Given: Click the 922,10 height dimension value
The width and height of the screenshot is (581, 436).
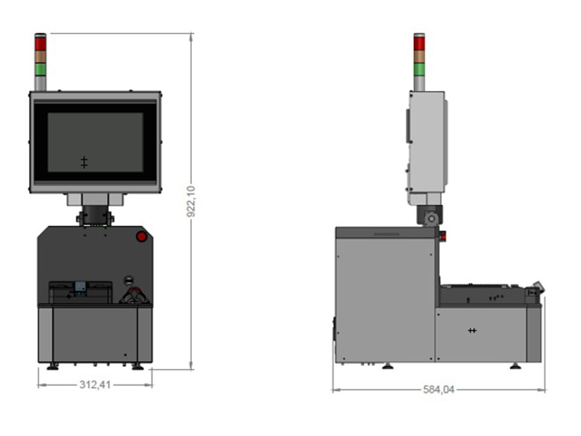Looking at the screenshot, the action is [191, 202].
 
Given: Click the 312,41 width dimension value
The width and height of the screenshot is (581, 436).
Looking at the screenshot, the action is [95, 385].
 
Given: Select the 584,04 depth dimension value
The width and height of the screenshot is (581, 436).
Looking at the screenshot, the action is [439, 389].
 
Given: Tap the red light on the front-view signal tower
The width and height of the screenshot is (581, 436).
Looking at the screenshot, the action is [41, 44].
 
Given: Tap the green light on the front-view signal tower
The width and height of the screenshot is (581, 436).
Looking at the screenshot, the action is [41, 69].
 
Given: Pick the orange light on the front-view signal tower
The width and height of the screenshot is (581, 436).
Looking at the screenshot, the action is [41, 57].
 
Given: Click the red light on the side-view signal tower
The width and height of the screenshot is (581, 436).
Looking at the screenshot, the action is [419, 44].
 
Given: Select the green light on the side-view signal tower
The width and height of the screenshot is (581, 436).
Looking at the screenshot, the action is [419, 69].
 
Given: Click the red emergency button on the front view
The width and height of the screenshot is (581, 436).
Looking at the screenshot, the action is [142, 237].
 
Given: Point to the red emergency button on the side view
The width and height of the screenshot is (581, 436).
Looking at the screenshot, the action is [442, 236].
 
